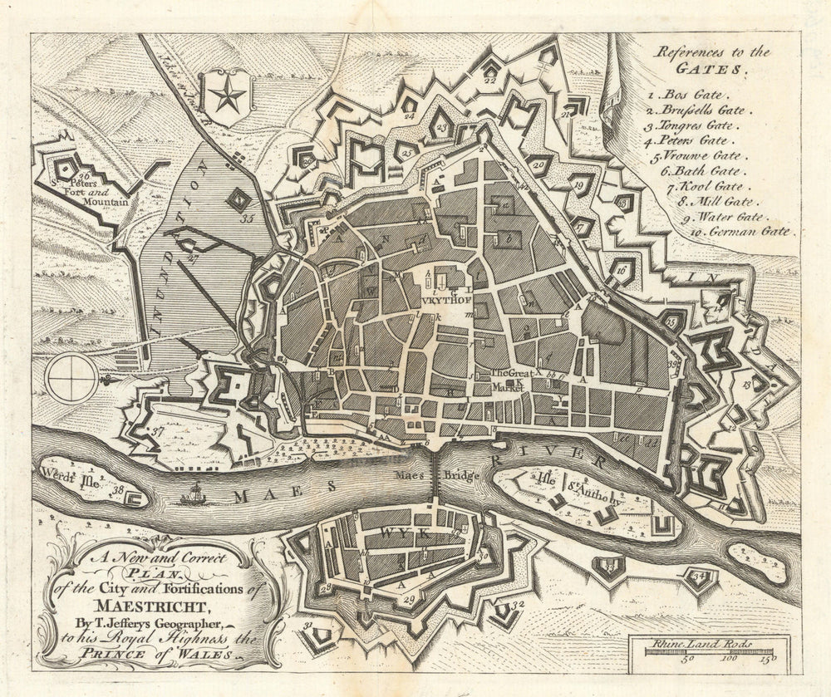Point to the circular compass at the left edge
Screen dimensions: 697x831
tap(71, 377)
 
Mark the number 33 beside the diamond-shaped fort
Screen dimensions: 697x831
tap(247, 219)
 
